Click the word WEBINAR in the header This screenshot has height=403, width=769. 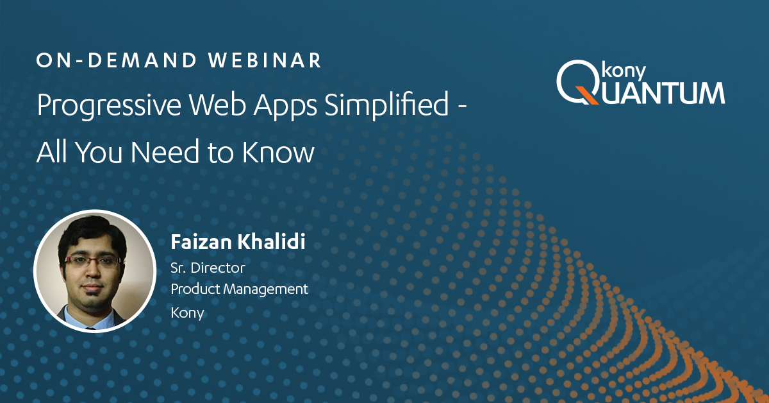point(264,60)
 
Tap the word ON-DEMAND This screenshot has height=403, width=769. point(117,60)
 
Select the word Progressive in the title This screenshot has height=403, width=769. point(109,105)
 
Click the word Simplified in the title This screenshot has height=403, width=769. point(386,105)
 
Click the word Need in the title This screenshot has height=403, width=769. point(165,151)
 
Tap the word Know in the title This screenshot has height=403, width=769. point(278,151)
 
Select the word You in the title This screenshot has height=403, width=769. point(99,151)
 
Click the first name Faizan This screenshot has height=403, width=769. point(201,242)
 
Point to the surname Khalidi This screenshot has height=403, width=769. point(272,241)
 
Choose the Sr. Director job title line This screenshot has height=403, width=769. point(208,268)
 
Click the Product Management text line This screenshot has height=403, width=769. point(239,289)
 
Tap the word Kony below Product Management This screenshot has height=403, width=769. point(187,313)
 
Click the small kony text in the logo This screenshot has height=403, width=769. point(624,72)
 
